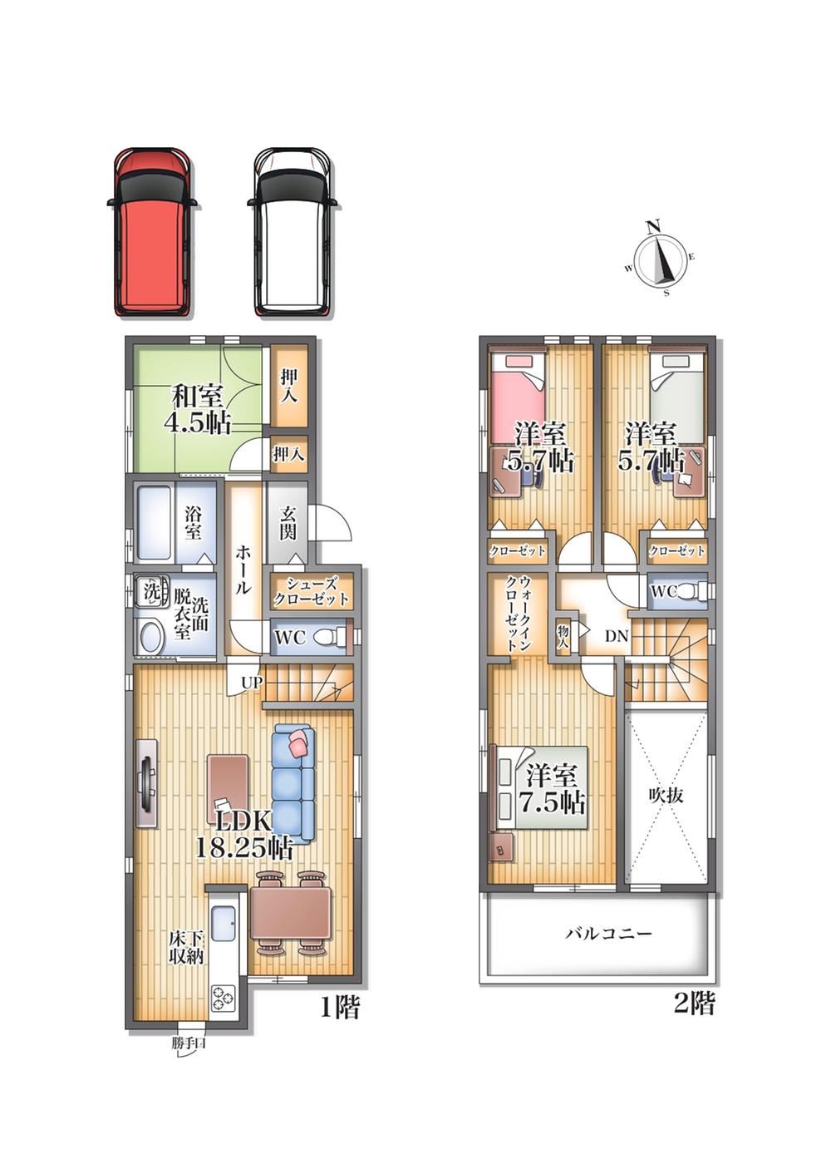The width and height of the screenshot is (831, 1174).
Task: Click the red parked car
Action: click(152, 232)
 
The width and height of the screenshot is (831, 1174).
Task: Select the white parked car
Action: click(292, 232)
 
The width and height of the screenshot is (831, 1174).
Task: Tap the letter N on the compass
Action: click(653, 227)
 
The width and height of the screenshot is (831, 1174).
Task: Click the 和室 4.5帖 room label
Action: click(198, 409)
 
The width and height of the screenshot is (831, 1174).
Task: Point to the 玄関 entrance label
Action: click(288, 523)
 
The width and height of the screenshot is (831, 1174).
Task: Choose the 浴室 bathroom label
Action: click(194, 522)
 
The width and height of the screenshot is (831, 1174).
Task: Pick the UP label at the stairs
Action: click(251, 682)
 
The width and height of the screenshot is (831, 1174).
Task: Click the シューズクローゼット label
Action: click(312, 591)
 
